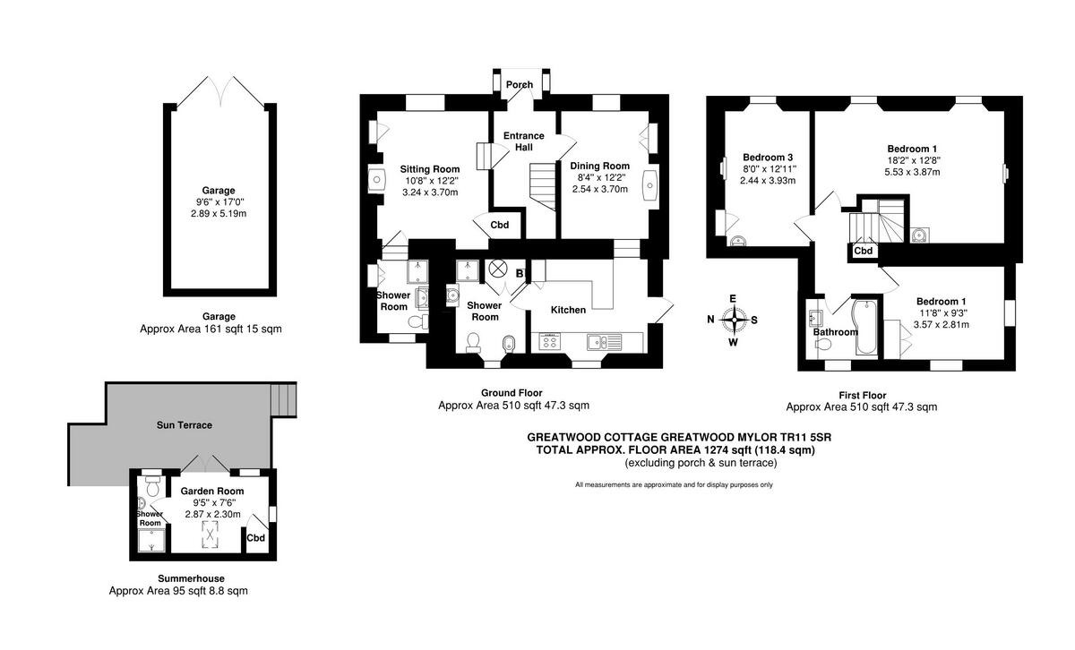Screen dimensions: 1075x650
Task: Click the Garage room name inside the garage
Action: [x=219, y=191]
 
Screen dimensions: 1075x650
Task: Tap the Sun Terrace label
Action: [x=185, y=425]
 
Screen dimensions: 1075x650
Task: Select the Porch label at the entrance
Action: [x=520, y=84]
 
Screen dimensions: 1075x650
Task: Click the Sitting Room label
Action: [x=430, y=169]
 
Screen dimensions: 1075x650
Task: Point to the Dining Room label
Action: [x=600, y=166]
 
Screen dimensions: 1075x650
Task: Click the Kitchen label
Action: [x=568, y=310]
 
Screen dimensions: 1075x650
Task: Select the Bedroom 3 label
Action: [x=768, y=158]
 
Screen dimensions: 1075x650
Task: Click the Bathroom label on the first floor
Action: [x=836, y=332]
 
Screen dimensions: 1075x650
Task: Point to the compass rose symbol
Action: [x=734, y=320]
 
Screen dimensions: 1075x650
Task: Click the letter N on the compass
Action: [x=710, y=320]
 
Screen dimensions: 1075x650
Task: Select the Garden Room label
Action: [x=212, y=492]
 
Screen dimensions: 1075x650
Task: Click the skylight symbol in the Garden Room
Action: [x=210, y=535]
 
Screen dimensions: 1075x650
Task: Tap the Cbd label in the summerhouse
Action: [x=256, y=538]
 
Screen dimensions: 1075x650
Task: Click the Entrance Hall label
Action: [x=523, y=141]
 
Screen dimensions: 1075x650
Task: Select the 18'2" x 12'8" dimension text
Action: [x=912, y=160]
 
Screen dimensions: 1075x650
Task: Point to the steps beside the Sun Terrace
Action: [x=283, y=399]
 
